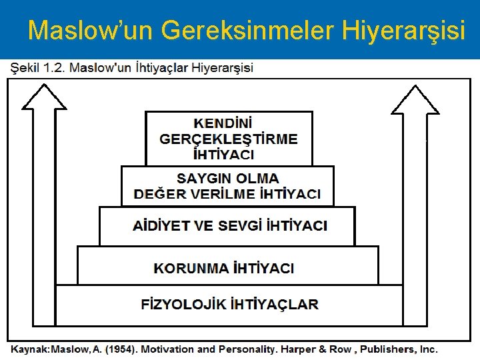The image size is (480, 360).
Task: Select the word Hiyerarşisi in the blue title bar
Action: (403, 31)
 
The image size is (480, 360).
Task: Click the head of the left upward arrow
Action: (44, 97)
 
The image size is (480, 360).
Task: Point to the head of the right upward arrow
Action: (415, 100)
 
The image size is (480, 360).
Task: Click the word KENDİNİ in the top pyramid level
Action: (223, 123)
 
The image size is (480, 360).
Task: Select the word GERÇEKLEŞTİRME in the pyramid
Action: (229, 139)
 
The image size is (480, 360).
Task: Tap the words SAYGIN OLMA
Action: (228, 179)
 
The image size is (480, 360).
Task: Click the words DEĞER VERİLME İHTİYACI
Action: (227, 194)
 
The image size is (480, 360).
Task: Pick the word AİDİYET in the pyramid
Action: (161, 226)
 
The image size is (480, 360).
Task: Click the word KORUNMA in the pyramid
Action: (191, 268)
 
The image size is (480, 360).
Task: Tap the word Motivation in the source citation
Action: (167, 349)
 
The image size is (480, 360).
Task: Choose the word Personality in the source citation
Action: (246, 349)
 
